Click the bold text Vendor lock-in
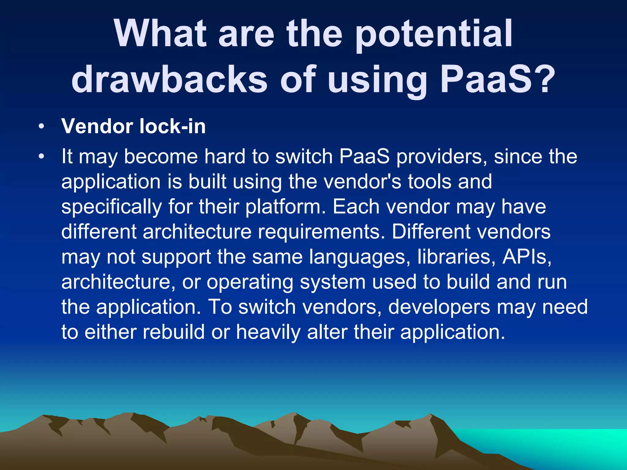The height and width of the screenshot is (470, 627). (133, 126)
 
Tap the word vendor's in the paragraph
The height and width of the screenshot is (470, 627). (362, 182)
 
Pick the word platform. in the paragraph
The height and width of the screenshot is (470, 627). (285, 207)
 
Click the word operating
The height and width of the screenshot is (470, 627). (250, 282)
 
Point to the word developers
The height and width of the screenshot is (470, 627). (439, 307)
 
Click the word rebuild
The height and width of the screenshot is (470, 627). (174, 332)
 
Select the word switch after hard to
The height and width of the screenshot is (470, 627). (304, 157)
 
